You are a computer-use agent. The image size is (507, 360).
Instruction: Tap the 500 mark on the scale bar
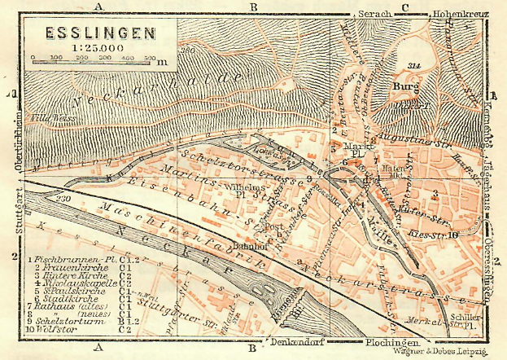click(x=151, y=59)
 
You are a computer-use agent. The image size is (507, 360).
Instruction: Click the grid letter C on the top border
click(x=404, y=7)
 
